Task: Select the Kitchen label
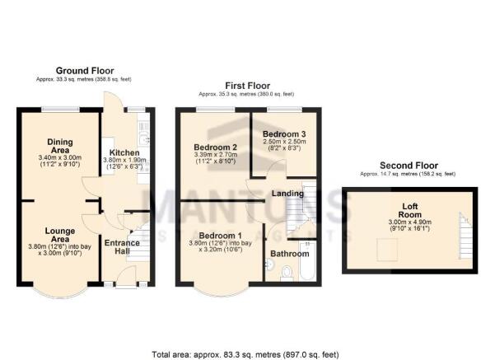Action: (124, 153)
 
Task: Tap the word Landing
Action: (287, 194)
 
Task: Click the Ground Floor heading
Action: (85, 71)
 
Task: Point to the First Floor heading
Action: (248, 85)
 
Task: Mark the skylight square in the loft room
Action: (383, 244)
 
